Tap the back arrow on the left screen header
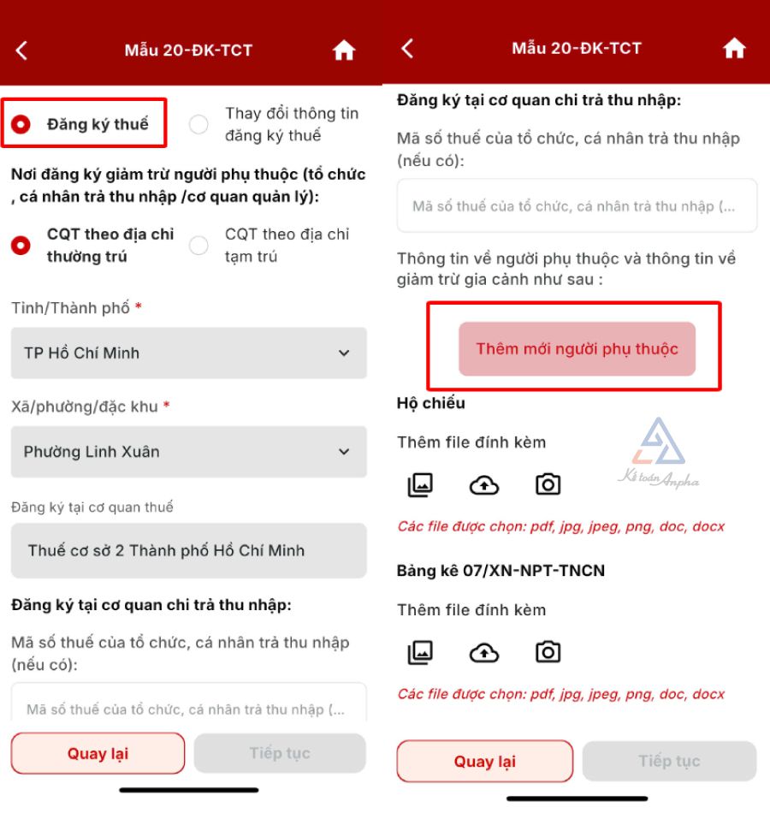coord(21,50)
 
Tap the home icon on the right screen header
coord(734,49)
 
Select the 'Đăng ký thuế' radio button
coord(21,124)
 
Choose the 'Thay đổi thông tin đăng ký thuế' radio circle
coord(198,124)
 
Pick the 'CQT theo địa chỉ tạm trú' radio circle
coord(198,246)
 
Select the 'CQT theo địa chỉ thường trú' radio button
coord(21,246)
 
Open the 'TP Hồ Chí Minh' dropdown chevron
coord(344,353)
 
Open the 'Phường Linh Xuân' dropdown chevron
coord(344,452)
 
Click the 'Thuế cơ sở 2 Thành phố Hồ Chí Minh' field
coord(189,550)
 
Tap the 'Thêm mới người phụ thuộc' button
coord(577,349)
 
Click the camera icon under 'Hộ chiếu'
coord(548,484)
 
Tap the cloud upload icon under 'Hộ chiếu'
coord(483,485)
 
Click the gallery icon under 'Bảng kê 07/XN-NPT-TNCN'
coord(420,652)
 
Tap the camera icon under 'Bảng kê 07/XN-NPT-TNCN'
coord(548,652)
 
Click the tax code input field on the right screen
coord(577,206)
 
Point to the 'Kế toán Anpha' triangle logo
coord(659,442)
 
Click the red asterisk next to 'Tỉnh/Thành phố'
coord(139,306)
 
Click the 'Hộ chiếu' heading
coord(431,403)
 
